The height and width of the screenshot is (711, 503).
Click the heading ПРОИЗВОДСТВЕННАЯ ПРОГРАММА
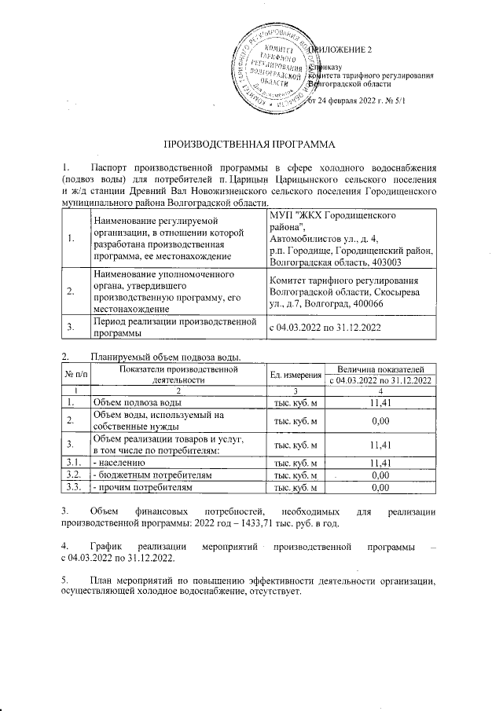pos(251,146)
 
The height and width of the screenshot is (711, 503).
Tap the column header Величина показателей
pos(380,368)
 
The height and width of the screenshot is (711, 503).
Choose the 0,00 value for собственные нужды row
pos(380,421)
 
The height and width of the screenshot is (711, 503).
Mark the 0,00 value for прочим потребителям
pos(380,488)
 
